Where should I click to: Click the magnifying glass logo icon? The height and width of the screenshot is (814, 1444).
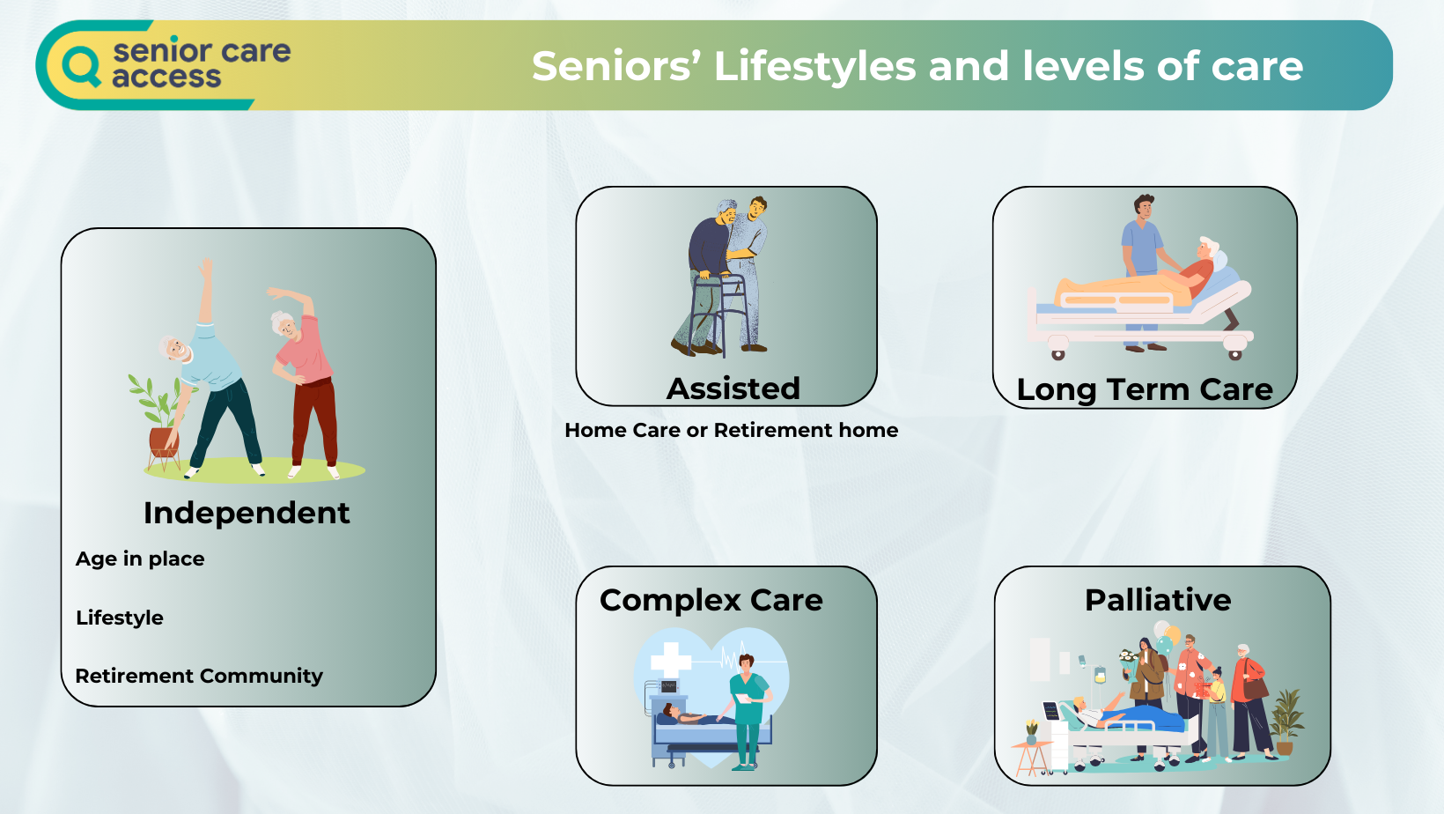(81, 65)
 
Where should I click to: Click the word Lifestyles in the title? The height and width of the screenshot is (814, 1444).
(814, 66)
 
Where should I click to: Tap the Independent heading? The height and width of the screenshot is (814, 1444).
(247, 514)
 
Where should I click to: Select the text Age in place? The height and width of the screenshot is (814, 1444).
(140, 559)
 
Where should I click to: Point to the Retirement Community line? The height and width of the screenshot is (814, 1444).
(199, 676)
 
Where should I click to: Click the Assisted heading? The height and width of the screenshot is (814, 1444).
(733, 388)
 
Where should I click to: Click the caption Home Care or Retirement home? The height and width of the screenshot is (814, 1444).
(731, 430)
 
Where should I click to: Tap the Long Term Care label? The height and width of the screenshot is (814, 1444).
(1145, 389)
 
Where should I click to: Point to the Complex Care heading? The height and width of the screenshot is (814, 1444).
(711, 601)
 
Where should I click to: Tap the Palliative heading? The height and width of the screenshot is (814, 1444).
(1158, 600)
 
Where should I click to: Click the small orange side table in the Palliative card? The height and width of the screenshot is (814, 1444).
(1030, 758)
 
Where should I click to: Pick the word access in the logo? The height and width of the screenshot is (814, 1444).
(166, 77)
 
